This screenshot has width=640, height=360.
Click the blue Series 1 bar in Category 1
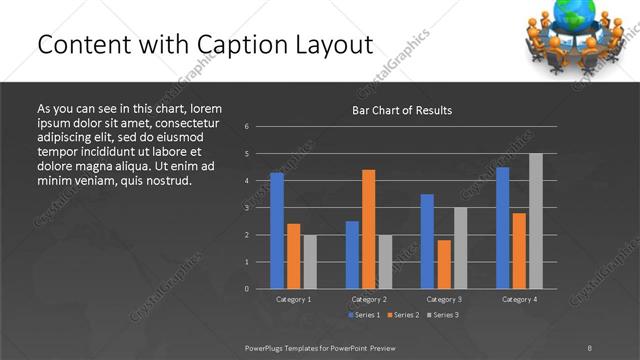coord(277,231)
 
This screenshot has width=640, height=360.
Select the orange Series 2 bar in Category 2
coord(369,229)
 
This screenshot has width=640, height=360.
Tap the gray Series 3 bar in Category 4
coord(535,221)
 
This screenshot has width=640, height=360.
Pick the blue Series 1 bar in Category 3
coord(427,241)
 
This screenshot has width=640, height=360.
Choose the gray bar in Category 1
coord(310,262)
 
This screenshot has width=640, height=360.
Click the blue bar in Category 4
coord(502,228)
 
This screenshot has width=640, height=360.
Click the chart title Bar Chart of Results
coord(402,110)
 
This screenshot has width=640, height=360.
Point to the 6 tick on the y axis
coord(247,127)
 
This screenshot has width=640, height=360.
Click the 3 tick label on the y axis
coord(247,208)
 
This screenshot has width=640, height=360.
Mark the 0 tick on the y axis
coord(247,289)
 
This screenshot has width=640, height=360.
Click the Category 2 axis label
coord(369,299)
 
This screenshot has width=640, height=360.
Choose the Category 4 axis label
coord(518,299)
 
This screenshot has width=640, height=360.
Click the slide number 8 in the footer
coord(590,347)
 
